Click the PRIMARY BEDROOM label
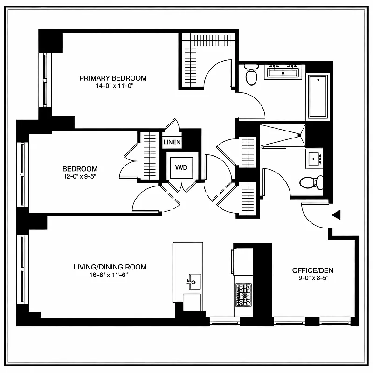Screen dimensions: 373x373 point(113,78)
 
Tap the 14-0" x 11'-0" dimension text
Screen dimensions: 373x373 point(113,86)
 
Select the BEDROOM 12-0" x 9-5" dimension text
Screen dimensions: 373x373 point(80,176)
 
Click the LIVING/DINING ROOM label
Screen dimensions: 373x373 point(110,267)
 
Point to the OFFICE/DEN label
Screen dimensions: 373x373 point(312,270)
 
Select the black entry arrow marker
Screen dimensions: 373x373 point(336,214)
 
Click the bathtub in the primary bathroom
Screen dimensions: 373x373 point(318,97)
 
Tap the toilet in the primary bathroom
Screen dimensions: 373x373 point(251,75)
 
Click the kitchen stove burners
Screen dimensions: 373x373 point(243,295)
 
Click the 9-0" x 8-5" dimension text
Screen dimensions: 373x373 point(312,278)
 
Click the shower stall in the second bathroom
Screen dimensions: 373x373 point(282,135)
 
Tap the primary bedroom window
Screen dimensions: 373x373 point(45,79)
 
